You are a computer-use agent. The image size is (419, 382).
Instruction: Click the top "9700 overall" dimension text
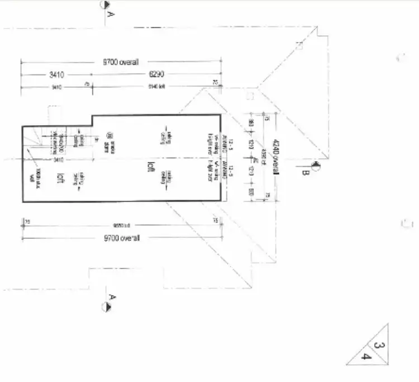(120, 62)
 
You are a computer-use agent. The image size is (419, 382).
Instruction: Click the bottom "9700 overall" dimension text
(121, 238)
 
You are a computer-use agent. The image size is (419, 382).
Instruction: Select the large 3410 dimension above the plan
(54, 74)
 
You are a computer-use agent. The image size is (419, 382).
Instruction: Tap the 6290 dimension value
(156, 74)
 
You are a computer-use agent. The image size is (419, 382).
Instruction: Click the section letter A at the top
(110, 15)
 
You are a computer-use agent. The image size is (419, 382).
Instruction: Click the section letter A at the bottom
(111, 296)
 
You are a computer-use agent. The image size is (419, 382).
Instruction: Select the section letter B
(305, 174)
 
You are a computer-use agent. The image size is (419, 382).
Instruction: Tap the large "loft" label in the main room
(150, 166)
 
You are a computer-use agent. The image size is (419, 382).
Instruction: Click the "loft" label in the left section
(59, 178)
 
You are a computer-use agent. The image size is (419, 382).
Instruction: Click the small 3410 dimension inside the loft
(59, 160)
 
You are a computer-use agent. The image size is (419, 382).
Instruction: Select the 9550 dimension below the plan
(121, 226)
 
